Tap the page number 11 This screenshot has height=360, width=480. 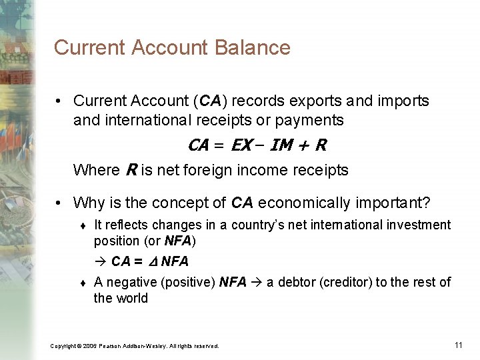tap(458, 345)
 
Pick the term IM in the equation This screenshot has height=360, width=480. tap(281, 145)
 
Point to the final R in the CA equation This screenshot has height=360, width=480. tap(321, 145)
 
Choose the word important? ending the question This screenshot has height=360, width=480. tap(397, 202)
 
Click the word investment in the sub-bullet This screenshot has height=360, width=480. tap(424, 225)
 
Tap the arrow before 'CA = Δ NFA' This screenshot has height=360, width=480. tap(100, 261)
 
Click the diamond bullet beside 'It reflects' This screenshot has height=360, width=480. tap(81, 226)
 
